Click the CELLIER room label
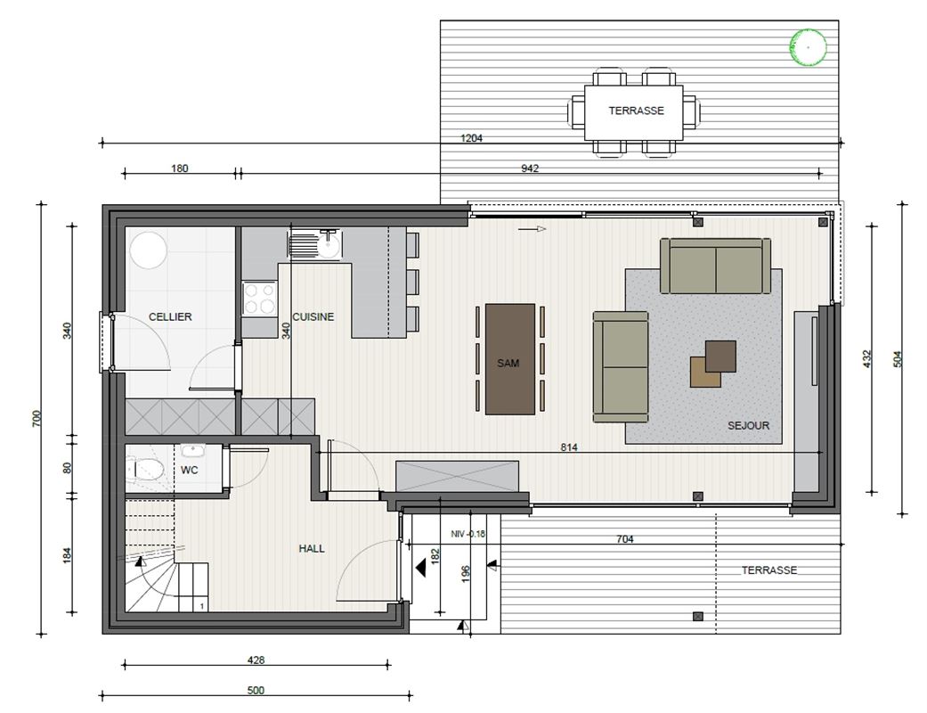coord(170,317)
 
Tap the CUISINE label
coord(313,317)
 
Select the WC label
coord(189,471)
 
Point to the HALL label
coord(312,548)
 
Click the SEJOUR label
coord(749,425)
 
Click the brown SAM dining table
coord(510,359)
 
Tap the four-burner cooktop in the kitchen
coord(259,299)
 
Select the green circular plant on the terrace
coord(808,46)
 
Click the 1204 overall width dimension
coord(471,138)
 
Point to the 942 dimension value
coord(530,168)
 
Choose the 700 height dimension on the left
coord(37,418)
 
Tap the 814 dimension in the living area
coord(569,448)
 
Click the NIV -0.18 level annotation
coord(468,534)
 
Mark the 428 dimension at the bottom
coord(256,660)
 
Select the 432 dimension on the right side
coord(867,358)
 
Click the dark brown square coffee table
coord(720,356)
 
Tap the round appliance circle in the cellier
coord(149,250)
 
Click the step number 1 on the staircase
coord(202,606)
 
